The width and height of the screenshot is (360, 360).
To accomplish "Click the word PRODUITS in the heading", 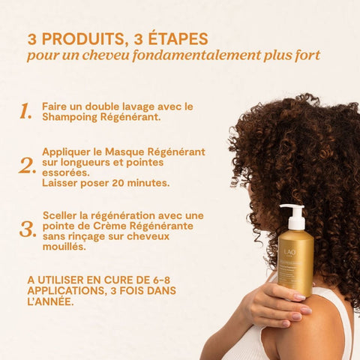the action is [83, 39].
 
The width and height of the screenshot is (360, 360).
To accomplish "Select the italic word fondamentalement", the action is [196, 55].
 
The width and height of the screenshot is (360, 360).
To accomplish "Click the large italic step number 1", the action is [25, 111].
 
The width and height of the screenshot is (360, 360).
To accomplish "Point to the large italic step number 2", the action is [27, 166].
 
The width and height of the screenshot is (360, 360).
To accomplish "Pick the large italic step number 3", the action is [28, 229].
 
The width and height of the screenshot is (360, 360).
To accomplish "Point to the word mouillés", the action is [64, 247].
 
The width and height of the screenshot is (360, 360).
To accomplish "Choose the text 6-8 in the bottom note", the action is [160, 280].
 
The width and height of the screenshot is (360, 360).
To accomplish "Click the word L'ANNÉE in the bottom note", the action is [50, 301].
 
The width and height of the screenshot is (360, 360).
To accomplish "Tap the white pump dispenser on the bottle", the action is [294, 217].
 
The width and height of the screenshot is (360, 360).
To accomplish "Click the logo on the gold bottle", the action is [290, 253].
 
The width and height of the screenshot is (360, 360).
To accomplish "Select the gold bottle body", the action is [296, 262].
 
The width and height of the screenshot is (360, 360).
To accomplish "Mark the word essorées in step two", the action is [65, 172].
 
